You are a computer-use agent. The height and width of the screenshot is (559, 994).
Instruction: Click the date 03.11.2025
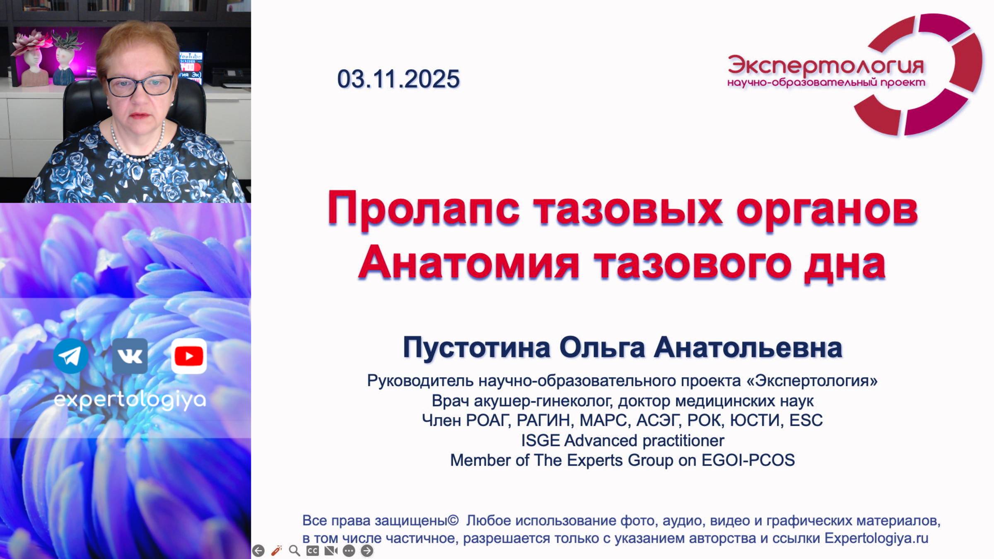tap(398, 79)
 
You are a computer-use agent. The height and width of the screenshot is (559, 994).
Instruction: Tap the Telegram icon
tap(71, 356)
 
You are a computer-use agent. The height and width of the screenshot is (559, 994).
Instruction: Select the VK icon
tap(130, 356)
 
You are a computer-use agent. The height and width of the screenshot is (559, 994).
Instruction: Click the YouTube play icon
tap(189, 356)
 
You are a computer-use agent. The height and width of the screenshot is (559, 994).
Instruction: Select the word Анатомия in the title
tap(468, 263)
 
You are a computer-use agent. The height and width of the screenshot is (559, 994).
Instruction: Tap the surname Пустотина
tap(476, 348)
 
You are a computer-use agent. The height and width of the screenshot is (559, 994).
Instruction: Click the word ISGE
tap(540, 441)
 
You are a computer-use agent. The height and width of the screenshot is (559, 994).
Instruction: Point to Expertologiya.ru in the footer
tap(876, 538)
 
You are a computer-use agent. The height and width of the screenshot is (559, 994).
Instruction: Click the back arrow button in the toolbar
tap(258, 551)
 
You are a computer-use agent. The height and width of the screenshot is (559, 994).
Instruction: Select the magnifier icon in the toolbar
tap(294, 551)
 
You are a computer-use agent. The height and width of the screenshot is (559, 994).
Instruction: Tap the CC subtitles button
tap(313, 551)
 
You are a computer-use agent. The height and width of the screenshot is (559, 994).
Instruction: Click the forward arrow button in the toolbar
tap(367, 551)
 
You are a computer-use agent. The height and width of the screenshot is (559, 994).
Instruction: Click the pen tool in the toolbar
tap(276, 551)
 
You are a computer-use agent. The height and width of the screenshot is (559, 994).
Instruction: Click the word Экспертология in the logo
tap(825, 65)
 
